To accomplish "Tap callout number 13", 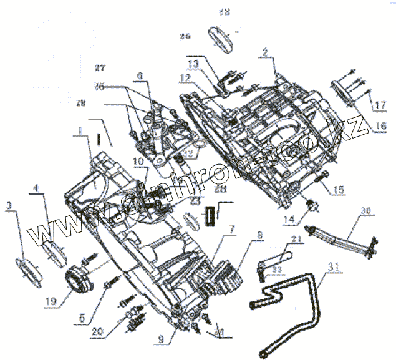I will click(192, 64).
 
